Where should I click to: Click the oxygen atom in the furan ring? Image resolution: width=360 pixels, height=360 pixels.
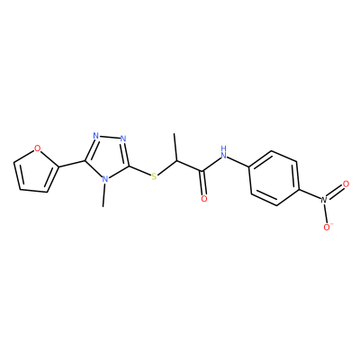(37, 148)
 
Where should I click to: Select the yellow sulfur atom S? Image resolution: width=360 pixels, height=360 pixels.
(154, 176)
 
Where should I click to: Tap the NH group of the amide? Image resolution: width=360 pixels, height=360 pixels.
(223, 152)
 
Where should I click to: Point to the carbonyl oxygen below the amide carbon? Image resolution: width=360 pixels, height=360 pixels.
(204, 199)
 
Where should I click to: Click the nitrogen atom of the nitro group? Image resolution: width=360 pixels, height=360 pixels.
(323, 199)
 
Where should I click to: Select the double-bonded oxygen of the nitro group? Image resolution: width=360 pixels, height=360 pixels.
(346, 184)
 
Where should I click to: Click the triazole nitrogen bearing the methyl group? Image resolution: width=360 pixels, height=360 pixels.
(104, 179)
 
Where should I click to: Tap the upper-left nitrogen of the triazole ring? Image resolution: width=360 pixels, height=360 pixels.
(96, 136)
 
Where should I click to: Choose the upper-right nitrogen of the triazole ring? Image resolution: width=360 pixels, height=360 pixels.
(123, 139)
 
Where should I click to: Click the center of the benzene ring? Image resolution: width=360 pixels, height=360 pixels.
(274, 178)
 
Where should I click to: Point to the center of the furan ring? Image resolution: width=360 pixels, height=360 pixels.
(34, 172)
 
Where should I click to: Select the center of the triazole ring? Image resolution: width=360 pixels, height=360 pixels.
(107, 157)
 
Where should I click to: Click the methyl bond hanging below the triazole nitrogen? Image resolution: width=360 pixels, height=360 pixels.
(103, 195)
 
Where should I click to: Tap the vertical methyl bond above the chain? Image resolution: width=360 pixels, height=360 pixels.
(175, 148)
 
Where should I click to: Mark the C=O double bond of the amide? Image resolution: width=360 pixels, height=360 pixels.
(203, 183)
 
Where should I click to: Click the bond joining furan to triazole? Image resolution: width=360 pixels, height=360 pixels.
(72, 164)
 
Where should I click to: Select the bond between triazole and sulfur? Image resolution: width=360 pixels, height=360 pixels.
(140, 170)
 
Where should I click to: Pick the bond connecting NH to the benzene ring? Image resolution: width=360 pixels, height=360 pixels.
(238, 161)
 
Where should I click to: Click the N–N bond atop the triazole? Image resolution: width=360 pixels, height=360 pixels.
(110, 137)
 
